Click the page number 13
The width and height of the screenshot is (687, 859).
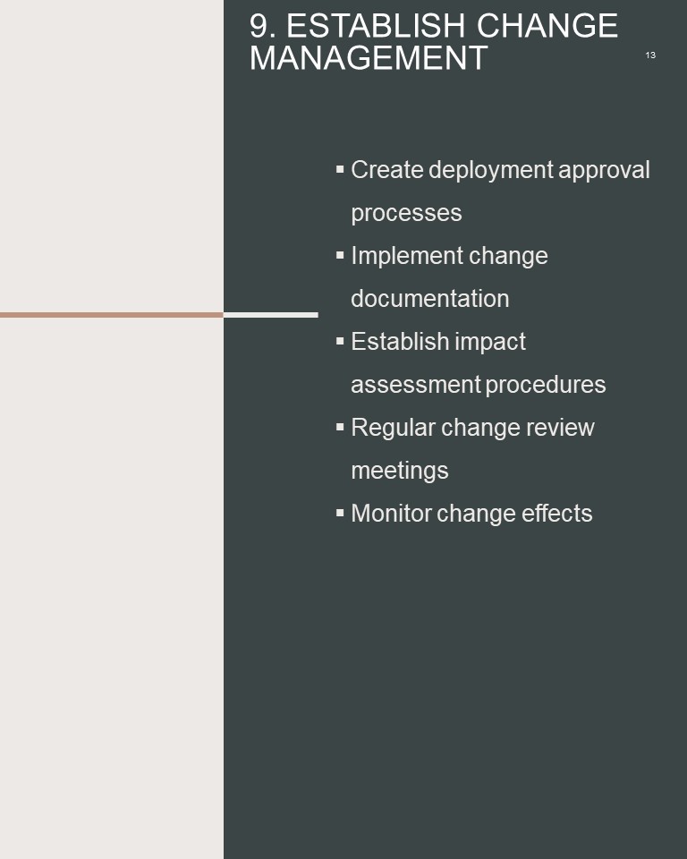[x=650, y=55]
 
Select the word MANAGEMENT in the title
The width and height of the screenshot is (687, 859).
[x=369, y=58]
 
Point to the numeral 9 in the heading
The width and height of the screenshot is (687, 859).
[x=259, y=26]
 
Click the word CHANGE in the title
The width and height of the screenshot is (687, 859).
[x=547, y=26]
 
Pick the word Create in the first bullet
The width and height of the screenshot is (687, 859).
[x=387, y=170]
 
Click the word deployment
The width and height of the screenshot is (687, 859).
[x=491, y=171]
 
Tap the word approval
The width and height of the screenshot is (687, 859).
[x=604, y=171]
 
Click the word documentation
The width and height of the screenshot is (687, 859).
[x=430, y=299]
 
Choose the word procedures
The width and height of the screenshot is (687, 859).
[x=546, y=385]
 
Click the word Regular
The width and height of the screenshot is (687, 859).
[x=394, y=429]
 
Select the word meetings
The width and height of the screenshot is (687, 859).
[x=399, y=472]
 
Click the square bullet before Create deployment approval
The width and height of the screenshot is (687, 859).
[x=340, y=169]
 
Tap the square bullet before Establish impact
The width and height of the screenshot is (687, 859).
[x=340, y=341]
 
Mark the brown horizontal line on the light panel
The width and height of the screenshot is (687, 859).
[x=112, y=315]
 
